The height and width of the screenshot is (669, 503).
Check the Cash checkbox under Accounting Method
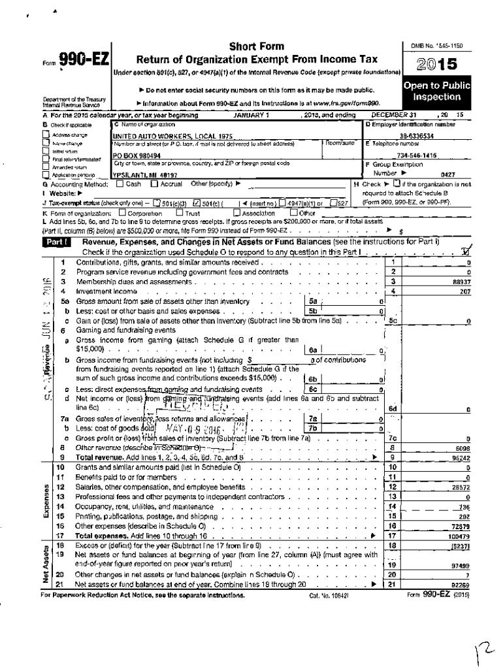(x=120, y=184)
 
